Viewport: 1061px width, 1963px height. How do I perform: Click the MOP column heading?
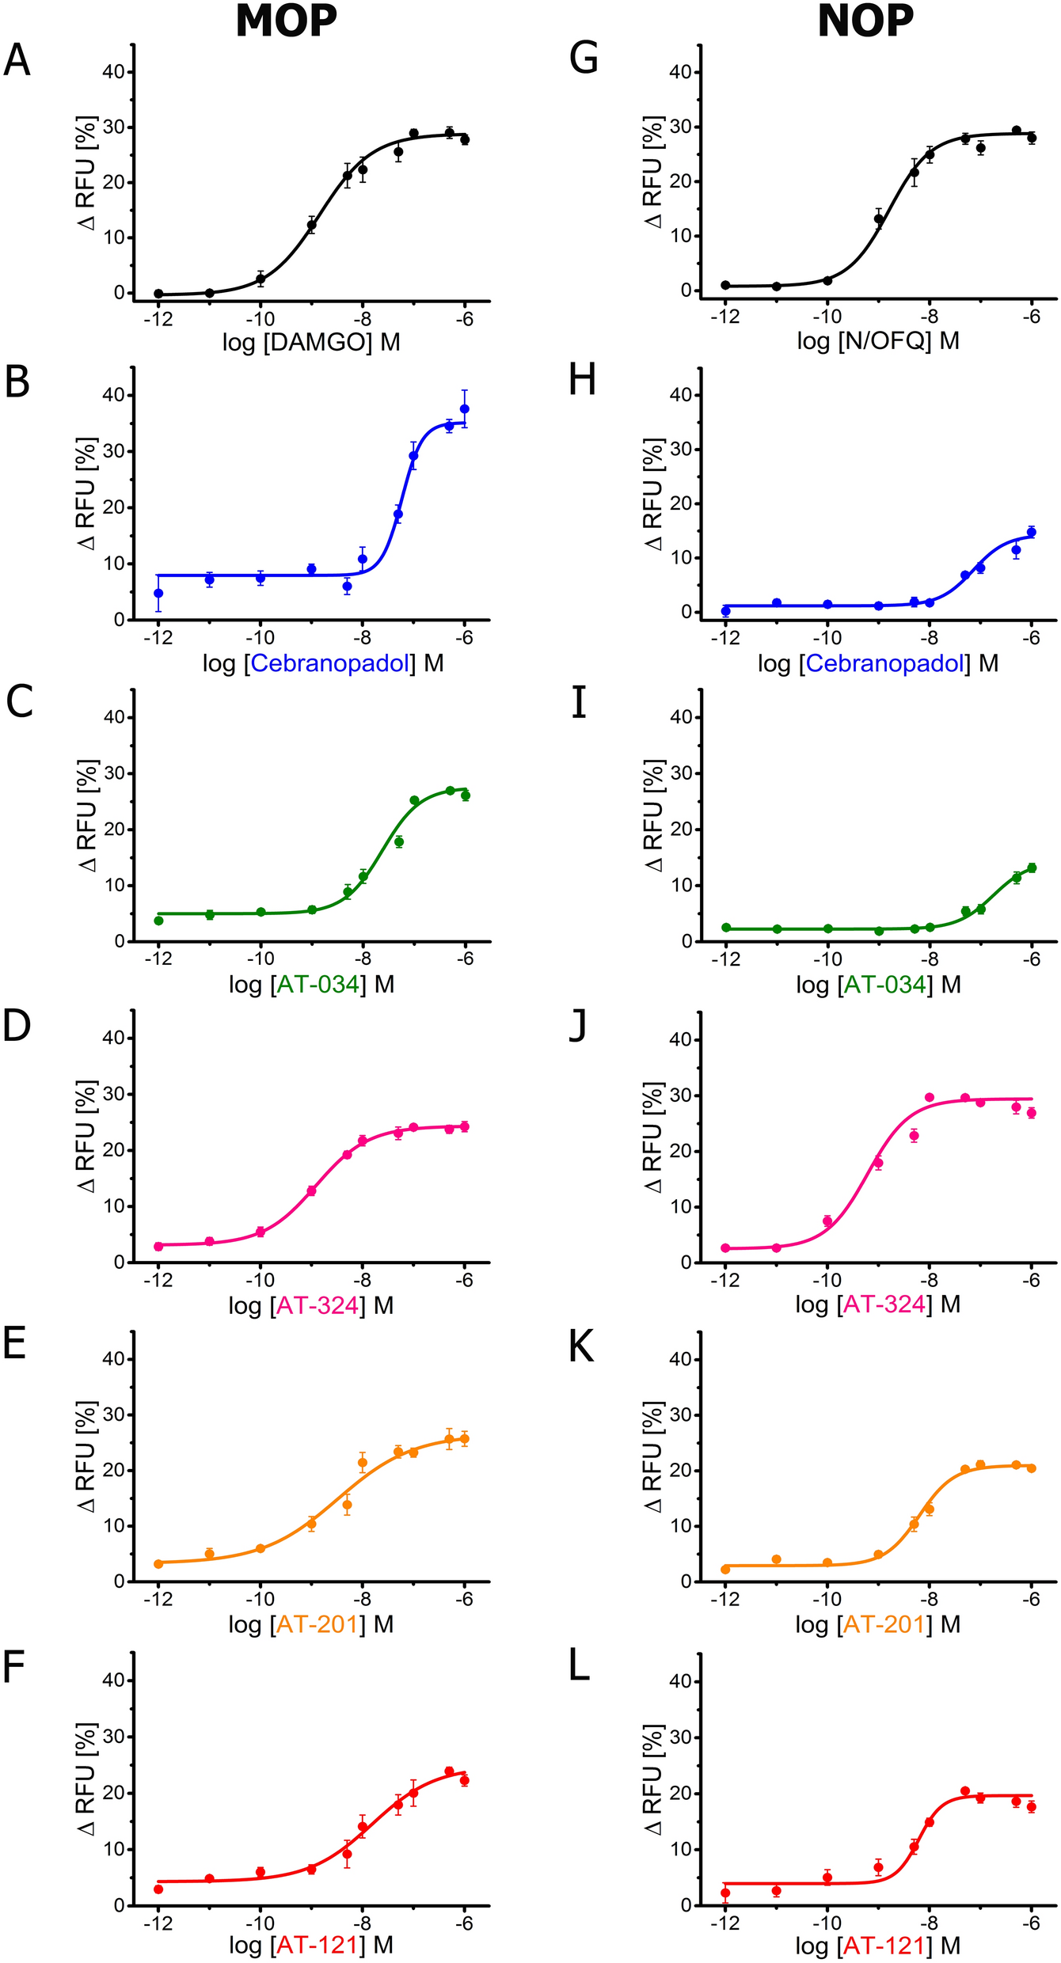[x=286, y=21]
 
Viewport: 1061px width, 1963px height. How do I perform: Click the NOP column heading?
[x=865, y=21]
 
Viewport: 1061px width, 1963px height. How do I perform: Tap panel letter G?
[x=584, y=59]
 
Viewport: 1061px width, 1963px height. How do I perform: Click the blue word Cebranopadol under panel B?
[x=330, y=663]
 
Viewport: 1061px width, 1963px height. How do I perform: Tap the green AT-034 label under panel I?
[x=885, y=985]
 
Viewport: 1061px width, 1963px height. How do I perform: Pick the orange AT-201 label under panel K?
[x=884, y=1624]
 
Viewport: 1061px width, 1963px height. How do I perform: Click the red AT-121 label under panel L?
[x=884, y=1945]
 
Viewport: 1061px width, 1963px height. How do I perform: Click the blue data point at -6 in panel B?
[x=465, y=408]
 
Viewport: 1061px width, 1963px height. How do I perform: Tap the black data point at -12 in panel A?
[x=158, y=294]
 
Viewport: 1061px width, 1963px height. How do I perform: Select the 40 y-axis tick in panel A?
[x=113, y=72]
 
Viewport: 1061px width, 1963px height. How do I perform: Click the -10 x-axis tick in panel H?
[x=827, y=638]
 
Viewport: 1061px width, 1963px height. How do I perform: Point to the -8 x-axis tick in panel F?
[x=361, y=1923]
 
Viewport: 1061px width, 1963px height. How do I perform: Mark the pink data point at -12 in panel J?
[x=725, y=1248]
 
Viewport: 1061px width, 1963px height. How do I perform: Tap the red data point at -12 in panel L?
[x=725, y=1893]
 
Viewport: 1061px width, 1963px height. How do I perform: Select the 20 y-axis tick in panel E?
[x=113, y=1470]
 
